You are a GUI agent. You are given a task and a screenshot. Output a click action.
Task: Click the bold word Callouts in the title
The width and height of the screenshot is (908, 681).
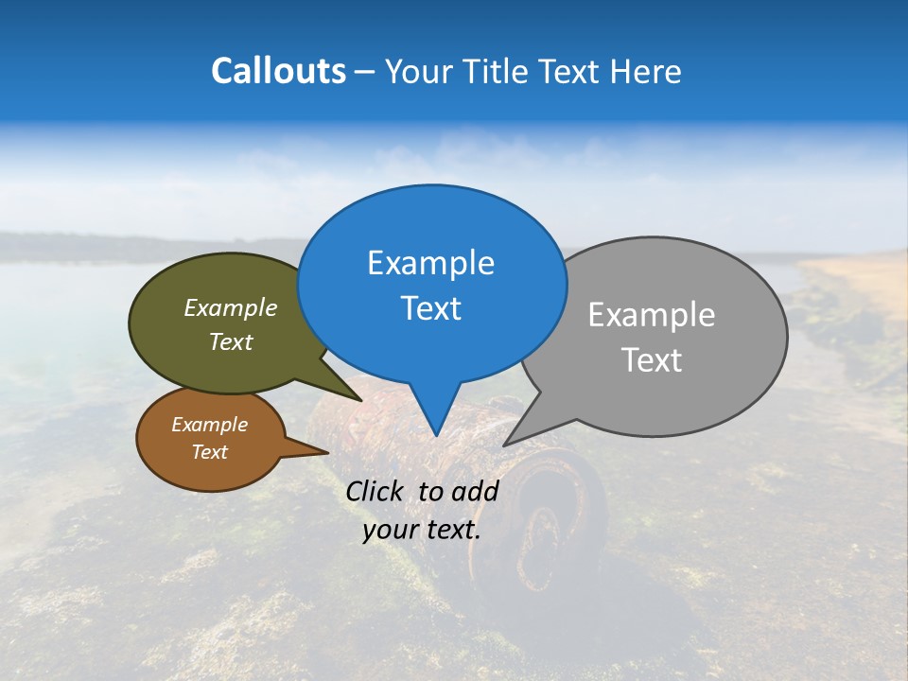[278, 71]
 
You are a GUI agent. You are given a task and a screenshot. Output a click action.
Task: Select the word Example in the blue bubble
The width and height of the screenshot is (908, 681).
[430, 263]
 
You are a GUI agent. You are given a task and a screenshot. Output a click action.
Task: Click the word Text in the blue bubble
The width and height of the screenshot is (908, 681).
[430, 308]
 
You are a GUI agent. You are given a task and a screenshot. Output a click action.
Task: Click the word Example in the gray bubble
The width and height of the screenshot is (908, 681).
[651, 315]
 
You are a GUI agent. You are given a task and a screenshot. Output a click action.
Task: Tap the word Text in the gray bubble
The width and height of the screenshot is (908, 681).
[651, 360]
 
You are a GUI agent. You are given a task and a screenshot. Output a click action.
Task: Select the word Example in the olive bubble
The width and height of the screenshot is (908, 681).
[230, 307]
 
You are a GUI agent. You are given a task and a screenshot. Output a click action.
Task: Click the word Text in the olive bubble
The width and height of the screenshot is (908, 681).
[230, 341]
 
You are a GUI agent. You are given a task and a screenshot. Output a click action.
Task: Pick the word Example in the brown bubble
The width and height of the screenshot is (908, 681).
[209, 425]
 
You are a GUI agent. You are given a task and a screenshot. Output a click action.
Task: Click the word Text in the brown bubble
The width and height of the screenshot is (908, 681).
[209, 452]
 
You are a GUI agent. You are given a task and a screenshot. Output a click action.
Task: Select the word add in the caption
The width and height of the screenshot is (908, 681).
[475, 491]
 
